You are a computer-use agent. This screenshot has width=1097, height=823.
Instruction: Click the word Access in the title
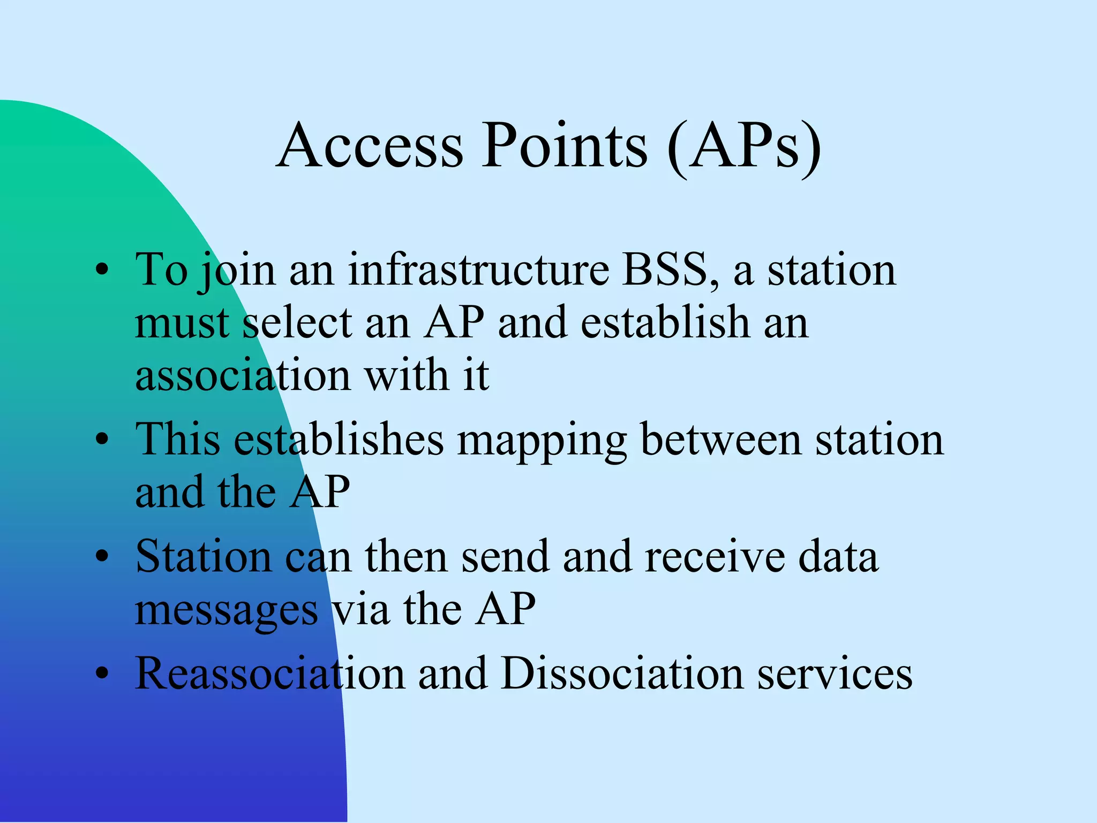[370, 146]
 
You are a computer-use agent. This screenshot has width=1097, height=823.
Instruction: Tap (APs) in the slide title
[745, 147]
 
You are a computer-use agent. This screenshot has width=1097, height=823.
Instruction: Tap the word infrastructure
[478, 270]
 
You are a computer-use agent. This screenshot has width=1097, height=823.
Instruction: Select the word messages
[226, 611]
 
